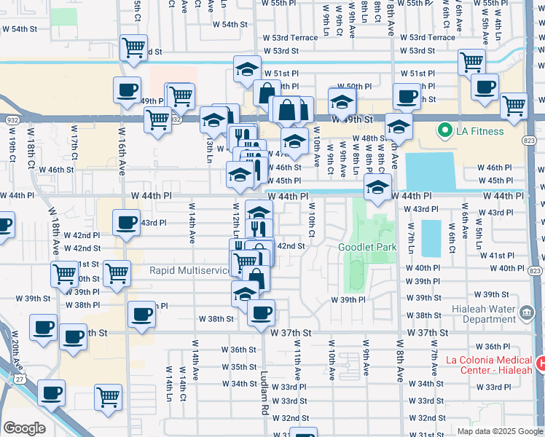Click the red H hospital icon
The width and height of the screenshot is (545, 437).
[540, 363]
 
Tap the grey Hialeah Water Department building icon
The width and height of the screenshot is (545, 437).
[526, 315]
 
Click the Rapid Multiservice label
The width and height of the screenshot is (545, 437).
[189, 270]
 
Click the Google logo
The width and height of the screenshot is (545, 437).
[25, 428]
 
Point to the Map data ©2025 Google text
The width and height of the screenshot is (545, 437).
[499, 431]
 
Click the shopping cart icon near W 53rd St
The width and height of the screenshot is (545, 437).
[133, 48]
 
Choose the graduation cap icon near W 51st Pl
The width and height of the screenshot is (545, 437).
[247, 69]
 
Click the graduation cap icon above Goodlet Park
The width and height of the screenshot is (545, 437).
[377, 187]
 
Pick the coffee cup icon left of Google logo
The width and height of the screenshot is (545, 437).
[51, 393]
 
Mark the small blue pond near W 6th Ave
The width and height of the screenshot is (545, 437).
[430, 237]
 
